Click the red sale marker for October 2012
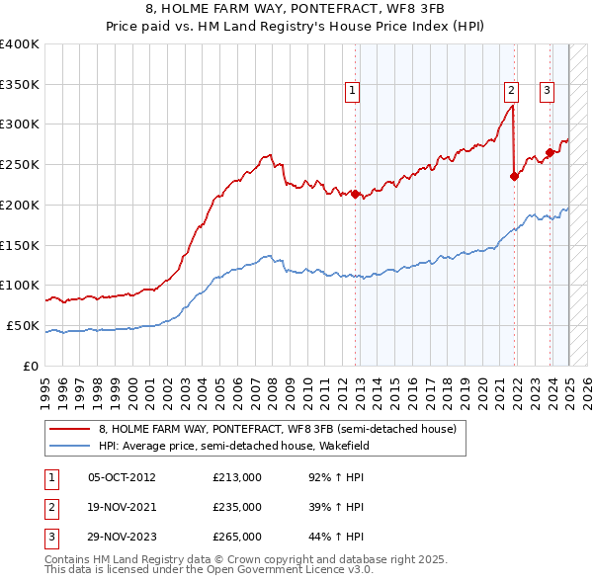click(356, 194)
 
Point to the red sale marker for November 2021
click(515, 176)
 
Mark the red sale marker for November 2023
click(550, 151)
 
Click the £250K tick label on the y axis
click(20, 164)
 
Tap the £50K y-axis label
click(24, 325)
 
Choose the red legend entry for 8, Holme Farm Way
click(277, 430)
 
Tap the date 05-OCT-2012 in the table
click(122, 477)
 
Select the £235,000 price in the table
click(237, 507)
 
